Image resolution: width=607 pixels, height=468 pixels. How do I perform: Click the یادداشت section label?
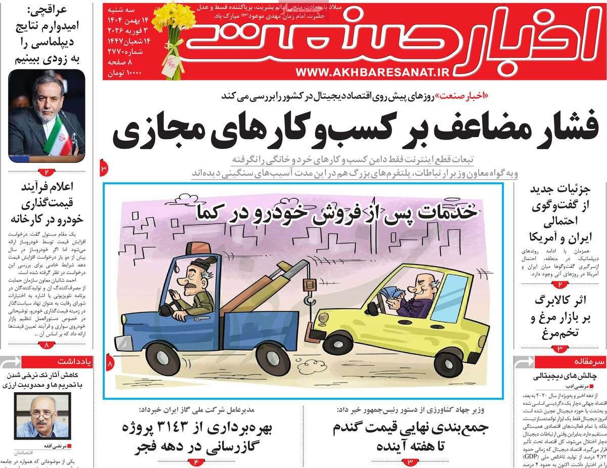click(x=79, y=363)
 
